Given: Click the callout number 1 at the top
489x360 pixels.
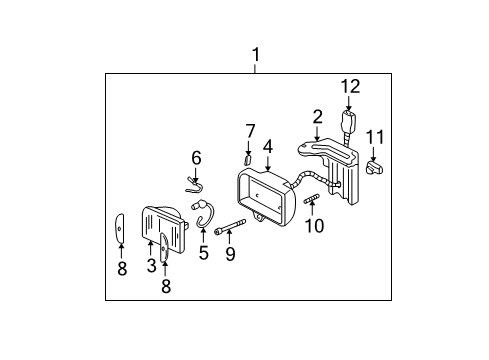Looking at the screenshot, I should click(x=256, y=54).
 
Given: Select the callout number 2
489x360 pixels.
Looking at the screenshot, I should click(x=317, y=117).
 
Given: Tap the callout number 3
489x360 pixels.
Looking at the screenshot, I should click(x=151, y=265).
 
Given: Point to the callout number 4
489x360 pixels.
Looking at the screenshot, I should click(x=267, y=146).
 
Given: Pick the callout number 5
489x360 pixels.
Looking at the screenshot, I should click(x=204, y=252).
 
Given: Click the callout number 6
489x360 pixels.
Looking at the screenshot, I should click(x=196, y=157).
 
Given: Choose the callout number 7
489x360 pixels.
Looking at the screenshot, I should click(x=251, y=130).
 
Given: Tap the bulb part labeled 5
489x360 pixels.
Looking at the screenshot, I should click(x=205, y=214).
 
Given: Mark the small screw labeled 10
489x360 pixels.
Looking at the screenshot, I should click(x=311, y=203).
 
